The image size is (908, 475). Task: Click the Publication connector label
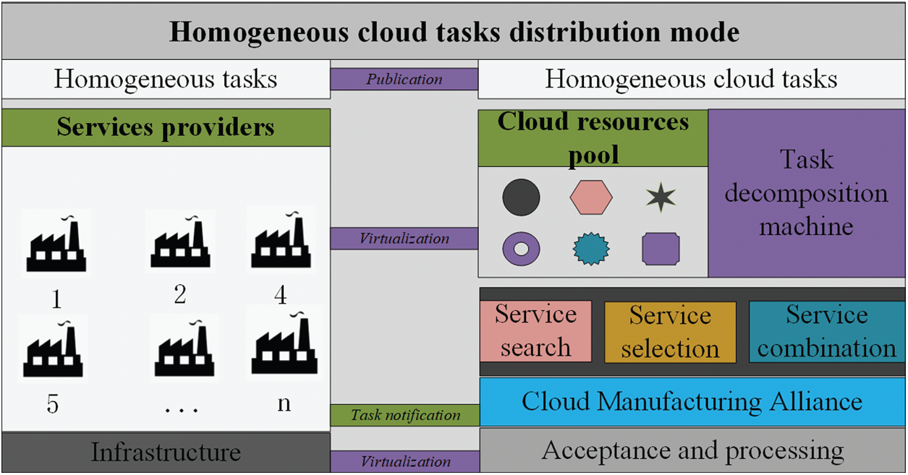tap(404, 80)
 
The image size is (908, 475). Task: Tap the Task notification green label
tap(405, 415)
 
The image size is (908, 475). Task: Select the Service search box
tap(535, 331)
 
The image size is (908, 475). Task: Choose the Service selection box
tap(670, 332)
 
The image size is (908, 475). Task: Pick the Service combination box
tap(826, 332)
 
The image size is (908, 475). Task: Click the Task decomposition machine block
tap(806, 193)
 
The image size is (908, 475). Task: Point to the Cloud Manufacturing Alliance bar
tap(692, 401)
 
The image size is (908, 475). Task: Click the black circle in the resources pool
tap(521, 197)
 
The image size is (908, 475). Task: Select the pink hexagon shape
tap(591, 197)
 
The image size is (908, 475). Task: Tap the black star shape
tap(660, 198)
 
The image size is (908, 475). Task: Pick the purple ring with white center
tap(521, 249)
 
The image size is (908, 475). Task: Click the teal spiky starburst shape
tap(591, 249)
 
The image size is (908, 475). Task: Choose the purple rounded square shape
tap(661, 249)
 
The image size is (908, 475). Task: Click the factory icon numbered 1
tap(56, 243)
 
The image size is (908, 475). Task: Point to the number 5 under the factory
tap(53, 403)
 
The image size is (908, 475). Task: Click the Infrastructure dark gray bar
tap(166, 453)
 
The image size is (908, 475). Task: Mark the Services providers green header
tap(166, 128)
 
